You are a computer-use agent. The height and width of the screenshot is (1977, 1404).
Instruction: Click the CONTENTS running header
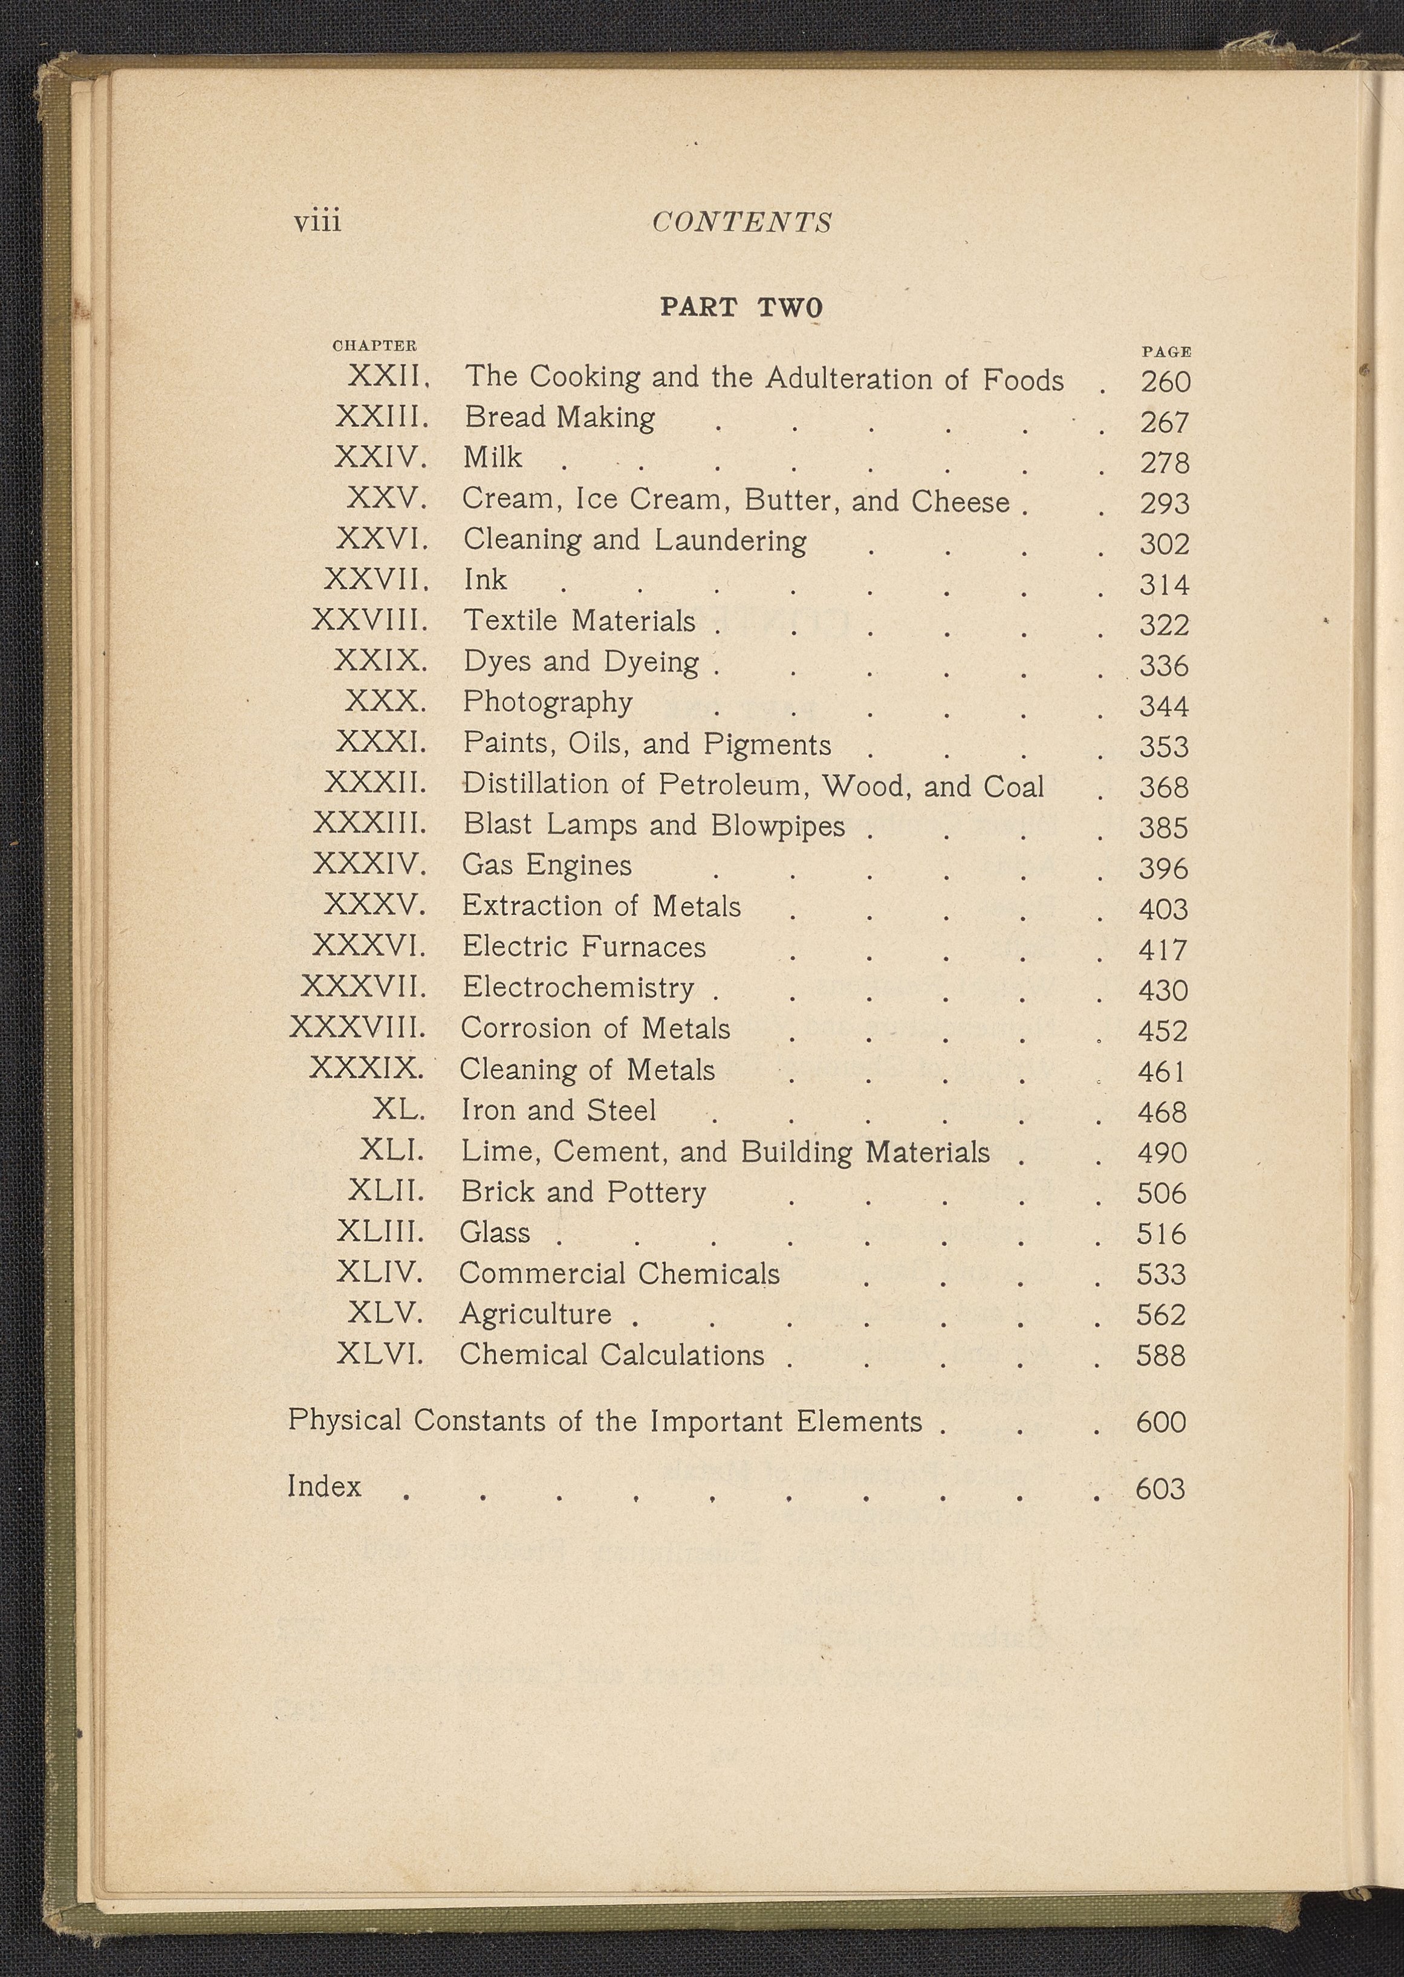[x=742, y=223]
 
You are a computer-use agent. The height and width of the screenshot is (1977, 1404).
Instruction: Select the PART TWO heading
[x=741, y=308]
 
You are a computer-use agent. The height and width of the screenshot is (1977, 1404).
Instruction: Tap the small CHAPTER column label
[x=374, y=346]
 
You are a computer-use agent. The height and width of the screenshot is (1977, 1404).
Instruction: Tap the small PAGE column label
[x=1166, y=352]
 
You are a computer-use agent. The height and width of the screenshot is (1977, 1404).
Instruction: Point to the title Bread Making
[x=559, y=418]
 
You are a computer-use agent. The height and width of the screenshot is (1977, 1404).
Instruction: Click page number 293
[x=1165, y=503]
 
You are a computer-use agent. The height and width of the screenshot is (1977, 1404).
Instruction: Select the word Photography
[x=547, y=702]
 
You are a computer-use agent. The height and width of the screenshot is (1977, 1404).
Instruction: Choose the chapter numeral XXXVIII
[x=358, y=1027]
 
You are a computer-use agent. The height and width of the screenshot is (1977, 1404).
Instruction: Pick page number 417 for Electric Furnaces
[x=1163, y=950]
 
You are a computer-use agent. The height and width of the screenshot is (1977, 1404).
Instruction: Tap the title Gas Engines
[x=547, y=865]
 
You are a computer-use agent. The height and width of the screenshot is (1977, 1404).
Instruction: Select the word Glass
[x=495, y=1231]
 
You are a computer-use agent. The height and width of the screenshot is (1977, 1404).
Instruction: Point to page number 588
[x=1161, y=1355]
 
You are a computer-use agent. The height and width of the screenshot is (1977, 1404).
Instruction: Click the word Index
[x=324, y=1486]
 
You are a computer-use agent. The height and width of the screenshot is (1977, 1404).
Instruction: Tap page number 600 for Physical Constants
[x=1160, y=1422]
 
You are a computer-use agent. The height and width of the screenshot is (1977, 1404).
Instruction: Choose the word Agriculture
[x=535, y=1313]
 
